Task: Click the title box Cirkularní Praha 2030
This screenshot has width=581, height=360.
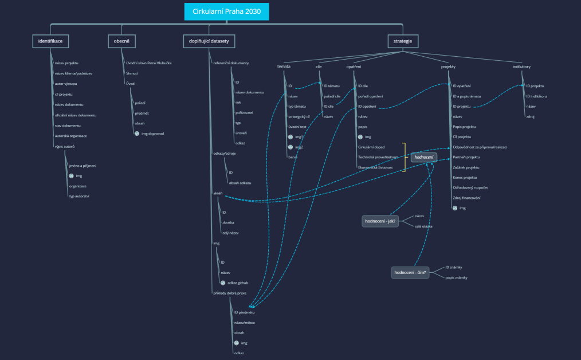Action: tap(226, 11)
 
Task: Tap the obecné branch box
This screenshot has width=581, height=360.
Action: tap(122, 41)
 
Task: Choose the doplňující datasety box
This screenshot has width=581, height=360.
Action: tap(209, 41)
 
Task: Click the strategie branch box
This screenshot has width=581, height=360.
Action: tap(402, 41)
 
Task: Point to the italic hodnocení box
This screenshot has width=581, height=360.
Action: tap(424, 157)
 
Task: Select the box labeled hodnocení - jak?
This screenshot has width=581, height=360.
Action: tap(380, 221)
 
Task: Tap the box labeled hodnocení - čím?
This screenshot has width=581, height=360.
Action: tap(410, 272)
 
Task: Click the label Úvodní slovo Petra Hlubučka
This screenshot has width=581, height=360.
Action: tap(148, 62)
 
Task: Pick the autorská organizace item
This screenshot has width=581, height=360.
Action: tap(70, 136)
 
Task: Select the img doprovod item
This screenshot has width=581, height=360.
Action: tap(152, 134)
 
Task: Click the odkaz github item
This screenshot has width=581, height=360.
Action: tap(238, 283)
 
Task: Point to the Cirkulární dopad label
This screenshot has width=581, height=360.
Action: tap(371, 147)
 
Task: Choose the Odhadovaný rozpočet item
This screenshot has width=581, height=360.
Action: tap(470, 187)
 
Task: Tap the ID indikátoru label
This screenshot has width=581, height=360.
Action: tap(536, 96)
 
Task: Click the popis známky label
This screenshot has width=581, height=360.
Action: tap(456, 277)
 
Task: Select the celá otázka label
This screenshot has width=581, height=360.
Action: tap(423, 226)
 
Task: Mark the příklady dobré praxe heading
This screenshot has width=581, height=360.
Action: tap(230, 293)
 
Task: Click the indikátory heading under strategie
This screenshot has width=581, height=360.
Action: tap(521, 66)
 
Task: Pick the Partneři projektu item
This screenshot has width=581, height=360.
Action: tap(466, 157)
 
